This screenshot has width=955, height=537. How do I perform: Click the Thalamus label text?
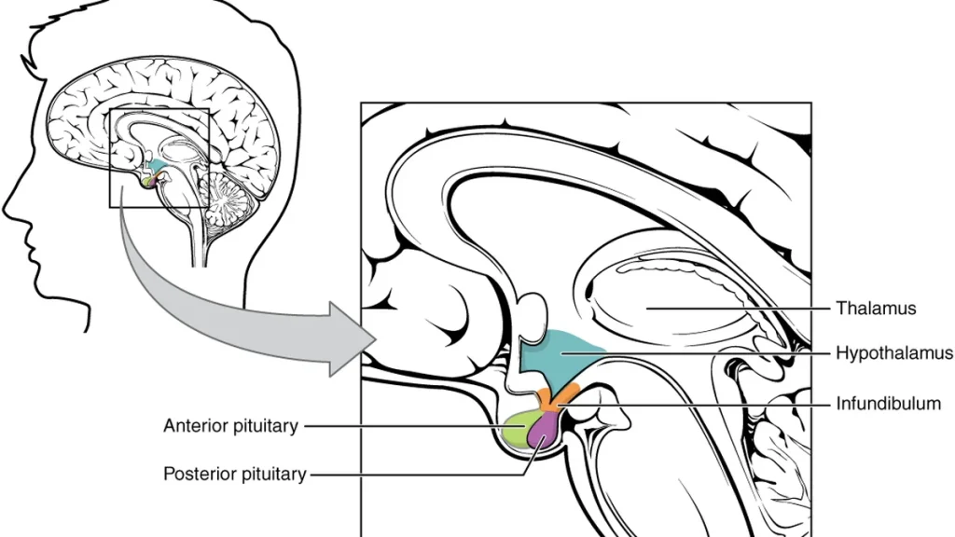tap(875, 308)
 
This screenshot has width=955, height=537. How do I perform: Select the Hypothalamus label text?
tap(894, 353)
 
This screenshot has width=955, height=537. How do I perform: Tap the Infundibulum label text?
tap(888, 403)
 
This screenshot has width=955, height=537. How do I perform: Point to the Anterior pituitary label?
tap(231, 426)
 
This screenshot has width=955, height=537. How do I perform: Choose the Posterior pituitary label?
tap(234, 474)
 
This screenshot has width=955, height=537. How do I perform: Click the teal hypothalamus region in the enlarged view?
tap(558, 359)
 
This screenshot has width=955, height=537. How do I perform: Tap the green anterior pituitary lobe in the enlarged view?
tap(519, 428)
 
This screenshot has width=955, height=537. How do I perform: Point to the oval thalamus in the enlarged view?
tap(670, 298)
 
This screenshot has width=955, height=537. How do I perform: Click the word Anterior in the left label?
tap(197, 425)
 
